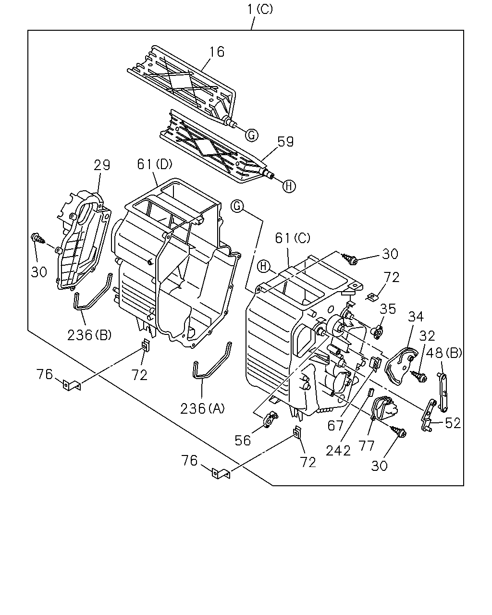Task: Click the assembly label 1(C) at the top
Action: point(260,10)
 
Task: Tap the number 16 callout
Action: point(217,52)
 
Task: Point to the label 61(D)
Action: point(155,164)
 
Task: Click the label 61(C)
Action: point(293,238)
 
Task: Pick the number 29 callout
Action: point(102,165)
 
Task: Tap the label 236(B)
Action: point(89,335)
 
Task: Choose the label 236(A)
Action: point(202,408)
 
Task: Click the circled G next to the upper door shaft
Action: point(252,135)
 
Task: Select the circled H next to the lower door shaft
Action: point(289,186)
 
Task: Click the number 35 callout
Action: point(388,309)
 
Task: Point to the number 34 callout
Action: point(416,317)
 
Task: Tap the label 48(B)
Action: point(443,353)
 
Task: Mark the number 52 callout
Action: point(453,423)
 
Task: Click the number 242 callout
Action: point(338,451)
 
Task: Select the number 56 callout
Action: point(243,441)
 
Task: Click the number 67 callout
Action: point(335,426)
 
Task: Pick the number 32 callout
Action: point(427,336)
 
